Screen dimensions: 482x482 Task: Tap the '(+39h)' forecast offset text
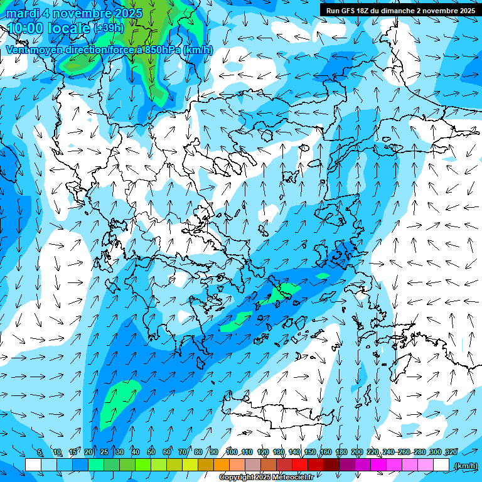tap(109, 28)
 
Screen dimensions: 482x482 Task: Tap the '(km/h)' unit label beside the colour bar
tap(465, 466)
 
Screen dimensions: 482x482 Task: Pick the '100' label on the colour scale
tap(232, 453)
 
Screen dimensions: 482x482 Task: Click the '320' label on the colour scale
tap(451, 453)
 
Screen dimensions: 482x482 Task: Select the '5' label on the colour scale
tap(40, 453)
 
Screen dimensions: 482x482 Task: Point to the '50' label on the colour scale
tap(151, 453)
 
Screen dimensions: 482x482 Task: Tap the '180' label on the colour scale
tap(341, 453)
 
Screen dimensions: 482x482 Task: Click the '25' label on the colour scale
tap(104, 453)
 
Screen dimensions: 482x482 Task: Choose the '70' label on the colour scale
tap(183, 453)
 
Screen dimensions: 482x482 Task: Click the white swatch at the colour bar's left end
tap(33, 464)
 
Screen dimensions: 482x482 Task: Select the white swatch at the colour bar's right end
tap(442, 464)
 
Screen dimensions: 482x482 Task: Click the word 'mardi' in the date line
tap(21, 13)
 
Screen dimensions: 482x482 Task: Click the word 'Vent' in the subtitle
tap(18, 50)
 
